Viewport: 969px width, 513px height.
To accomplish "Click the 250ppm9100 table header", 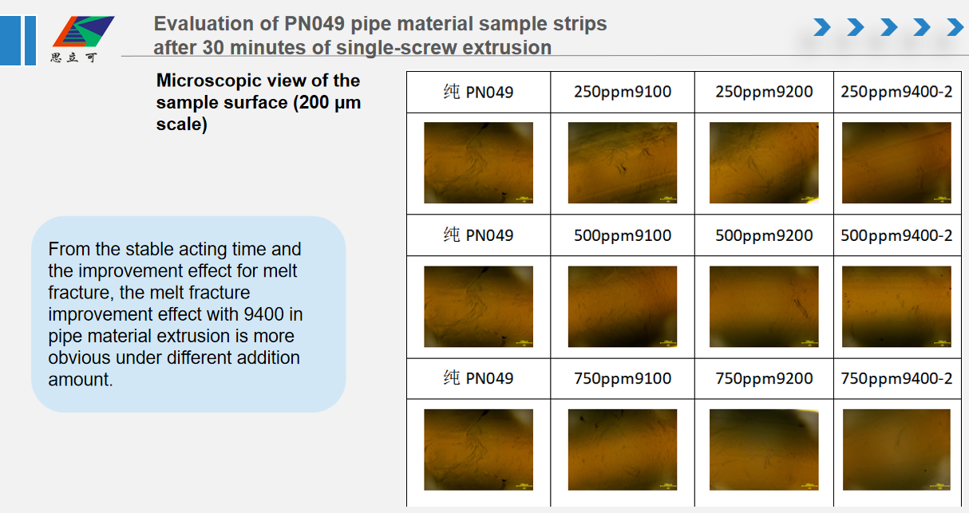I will [x=623, y=92].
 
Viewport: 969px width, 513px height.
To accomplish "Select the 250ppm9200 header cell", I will [x=764, y=92].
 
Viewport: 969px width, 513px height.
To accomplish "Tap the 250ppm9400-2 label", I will [x=896, y=92].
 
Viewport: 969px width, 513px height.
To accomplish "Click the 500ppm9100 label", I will [x=623, y=235].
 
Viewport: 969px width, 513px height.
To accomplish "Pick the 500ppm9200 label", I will [x=764, y=235].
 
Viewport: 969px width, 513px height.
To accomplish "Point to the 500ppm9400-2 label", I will [x=896, y=235].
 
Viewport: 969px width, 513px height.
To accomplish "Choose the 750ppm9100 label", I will [x=623, y=378].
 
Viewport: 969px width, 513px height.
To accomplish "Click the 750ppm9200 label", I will [x=764, y=378].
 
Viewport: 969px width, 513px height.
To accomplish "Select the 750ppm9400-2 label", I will [x=896, y=378].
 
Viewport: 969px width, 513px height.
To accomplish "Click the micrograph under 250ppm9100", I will [x=623, y=163].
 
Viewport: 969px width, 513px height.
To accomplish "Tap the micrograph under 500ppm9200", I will [x=764, y=306].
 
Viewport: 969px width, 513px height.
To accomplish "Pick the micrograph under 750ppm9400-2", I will [x=896, y=449].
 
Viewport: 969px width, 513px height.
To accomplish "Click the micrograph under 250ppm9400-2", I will [x=896, y=163].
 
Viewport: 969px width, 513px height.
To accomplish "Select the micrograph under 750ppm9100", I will [x=623, y=449].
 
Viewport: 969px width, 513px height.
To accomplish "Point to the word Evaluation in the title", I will [x=196, y=24].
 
